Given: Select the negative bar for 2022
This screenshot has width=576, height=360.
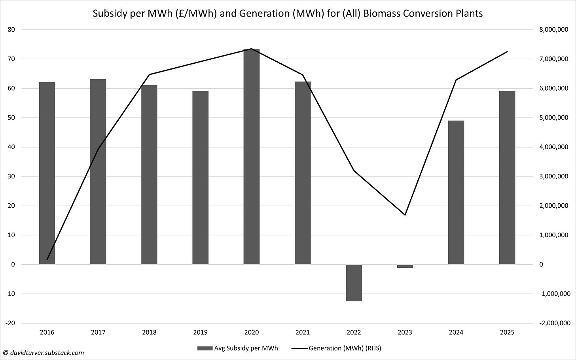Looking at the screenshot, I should [354, 283].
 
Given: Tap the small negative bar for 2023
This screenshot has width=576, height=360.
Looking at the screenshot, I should [405, 266].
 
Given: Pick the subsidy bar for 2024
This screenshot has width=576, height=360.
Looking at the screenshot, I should [456, 192].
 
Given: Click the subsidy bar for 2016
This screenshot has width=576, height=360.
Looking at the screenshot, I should [47, 173].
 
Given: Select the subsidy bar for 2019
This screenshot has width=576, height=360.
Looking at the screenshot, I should [200, 178].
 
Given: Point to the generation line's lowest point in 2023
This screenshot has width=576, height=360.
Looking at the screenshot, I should [405, 215].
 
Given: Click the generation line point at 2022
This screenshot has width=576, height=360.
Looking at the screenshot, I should [354, 171].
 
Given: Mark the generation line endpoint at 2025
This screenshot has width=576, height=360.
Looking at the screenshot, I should [507, 52].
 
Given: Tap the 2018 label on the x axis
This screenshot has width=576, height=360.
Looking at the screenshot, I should [149, 332].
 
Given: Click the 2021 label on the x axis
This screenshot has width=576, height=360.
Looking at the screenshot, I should [303, 332].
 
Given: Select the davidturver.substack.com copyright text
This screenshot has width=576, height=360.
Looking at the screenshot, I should [44, 352].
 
